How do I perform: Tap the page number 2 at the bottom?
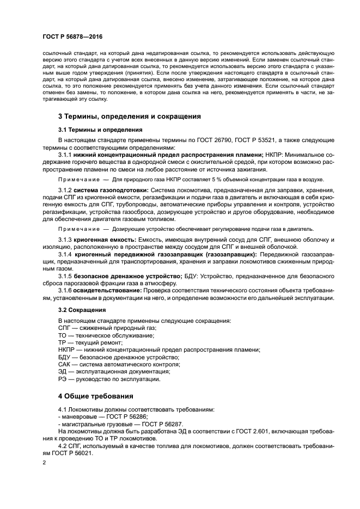click(x=44, y=463)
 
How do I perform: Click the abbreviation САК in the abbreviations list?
click(x=65, y=364)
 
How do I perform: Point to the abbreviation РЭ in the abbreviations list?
click(x=63, y=379)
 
